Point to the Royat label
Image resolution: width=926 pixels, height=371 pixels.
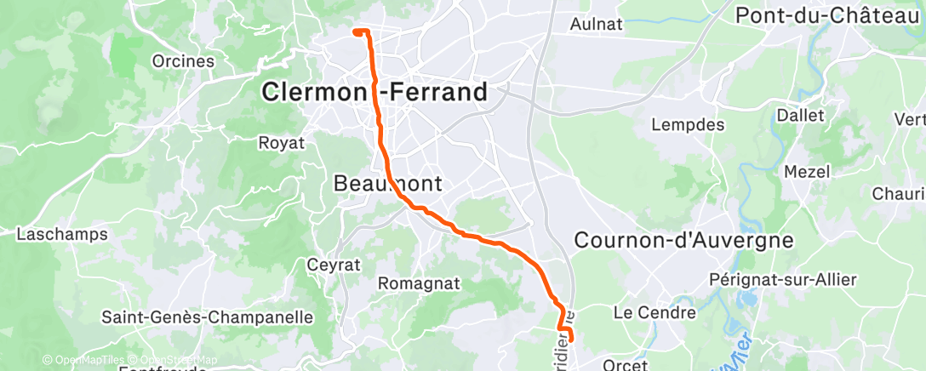click(281, 143)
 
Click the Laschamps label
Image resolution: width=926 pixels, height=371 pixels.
click(62, 234)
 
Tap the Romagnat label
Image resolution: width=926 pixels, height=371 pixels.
click(418, 283)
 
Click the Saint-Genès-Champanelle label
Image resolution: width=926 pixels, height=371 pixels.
click(207, 317)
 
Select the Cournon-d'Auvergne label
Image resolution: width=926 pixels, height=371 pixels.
click(683, 240)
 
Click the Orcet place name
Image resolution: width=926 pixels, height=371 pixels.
click(625, 363)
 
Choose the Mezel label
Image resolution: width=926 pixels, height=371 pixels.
click(806, 172)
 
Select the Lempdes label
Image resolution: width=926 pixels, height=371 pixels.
click(687, 125)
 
